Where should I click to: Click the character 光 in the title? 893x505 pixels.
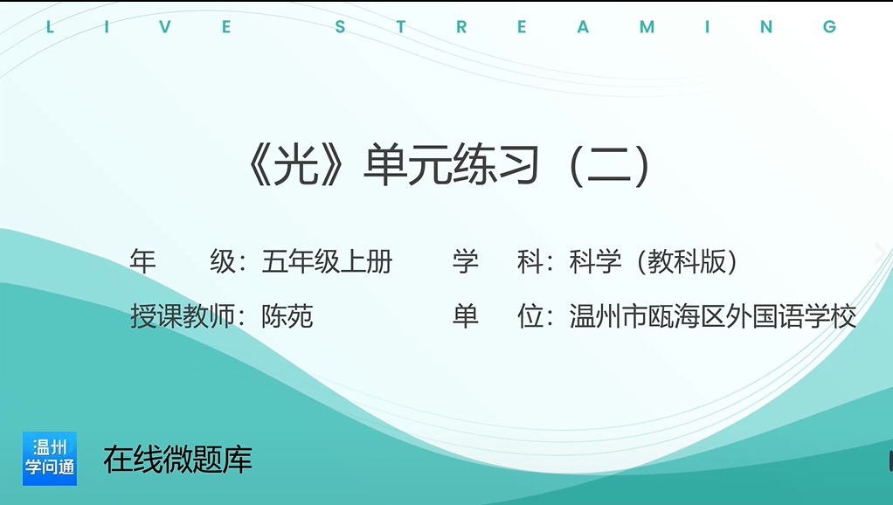pos(296,165)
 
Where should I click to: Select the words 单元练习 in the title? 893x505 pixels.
pos(451,165)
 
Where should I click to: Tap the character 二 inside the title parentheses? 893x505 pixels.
pos(608,165)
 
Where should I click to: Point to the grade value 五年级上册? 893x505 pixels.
pos(327,262)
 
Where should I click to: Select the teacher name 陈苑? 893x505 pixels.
pos(287,316)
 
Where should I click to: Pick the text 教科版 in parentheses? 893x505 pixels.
pos(686,262)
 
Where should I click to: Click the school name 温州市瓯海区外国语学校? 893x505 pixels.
pos(712,316)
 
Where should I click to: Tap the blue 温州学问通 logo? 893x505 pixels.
pos(50,459)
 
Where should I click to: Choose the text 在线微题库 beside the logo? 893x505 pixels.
pos(177,460)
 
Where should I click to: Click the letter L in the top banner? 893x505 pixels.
pos(50,27)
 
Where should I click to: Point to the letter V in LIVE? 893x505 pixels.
pos(165,27)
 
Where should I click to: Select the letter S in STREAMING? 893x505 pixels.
pos(341,27)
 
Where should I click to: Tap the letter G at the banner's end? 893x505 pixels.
pos(829,27)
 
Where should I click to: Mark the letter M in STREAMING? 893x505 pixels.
pos(647,27)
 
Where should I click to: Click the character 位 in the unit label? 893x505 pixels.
pos(530,316)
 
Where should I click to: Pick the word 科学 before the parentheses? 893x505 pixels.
pos(595,262)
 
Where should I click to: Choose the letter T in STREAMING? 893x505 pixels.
pos(401,27)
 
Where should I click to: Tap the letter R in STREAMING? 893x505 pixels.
pos(461,27)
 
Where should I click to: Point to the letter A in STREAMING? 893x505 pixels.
pos(583,27)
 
